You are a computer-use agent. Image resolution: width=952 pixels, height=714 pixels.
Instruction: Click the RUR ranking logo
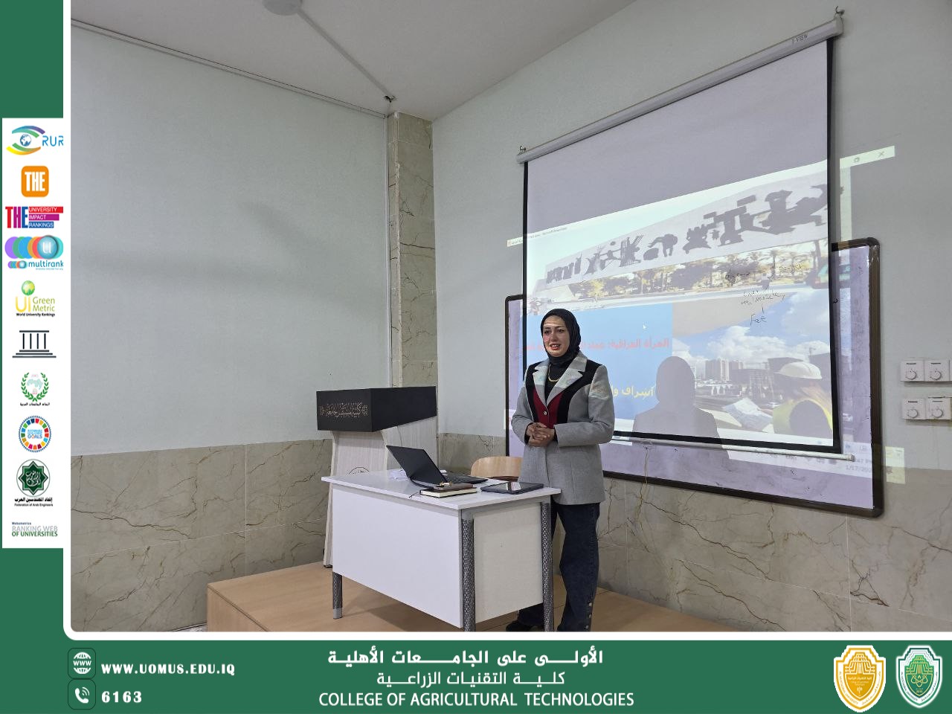coord(34,141)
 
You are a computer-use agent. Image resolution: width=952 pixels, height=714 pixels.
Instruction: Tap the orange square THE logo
coord(34,181)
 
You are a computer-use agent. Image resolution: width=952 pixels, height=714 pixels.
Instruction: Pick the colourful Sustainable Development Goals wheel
coord(34,434)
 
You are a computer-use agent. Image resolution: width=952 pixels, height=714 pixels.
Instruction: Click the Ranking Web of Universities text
coord(34,531)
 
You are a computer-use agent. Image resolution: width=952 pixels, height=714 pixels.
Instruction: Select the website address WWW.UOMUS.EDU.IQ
coord(167,669)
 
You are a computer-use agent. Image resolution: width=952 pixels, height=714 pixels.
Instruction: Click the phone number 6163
coord(121,697)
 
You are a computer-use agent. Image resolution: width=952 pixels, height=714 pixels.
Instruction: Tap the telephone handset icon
coord(82,696)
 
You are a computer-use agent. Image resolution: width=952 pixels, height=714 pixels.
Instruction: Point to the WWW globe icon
coord(82,662)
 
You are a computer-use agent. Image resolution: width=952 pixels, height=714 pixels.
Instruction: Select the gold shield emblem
coord(859,677)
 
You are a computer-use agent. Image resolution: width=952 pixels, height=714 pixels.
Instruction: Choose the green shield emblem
coord(919,677)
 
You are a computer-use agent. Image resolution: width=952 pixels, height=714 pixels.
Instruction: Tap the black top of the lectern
coord(376,408)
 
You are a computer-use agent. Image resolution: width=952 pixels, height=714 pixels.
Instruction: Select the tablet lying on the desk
coord(512,487)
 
